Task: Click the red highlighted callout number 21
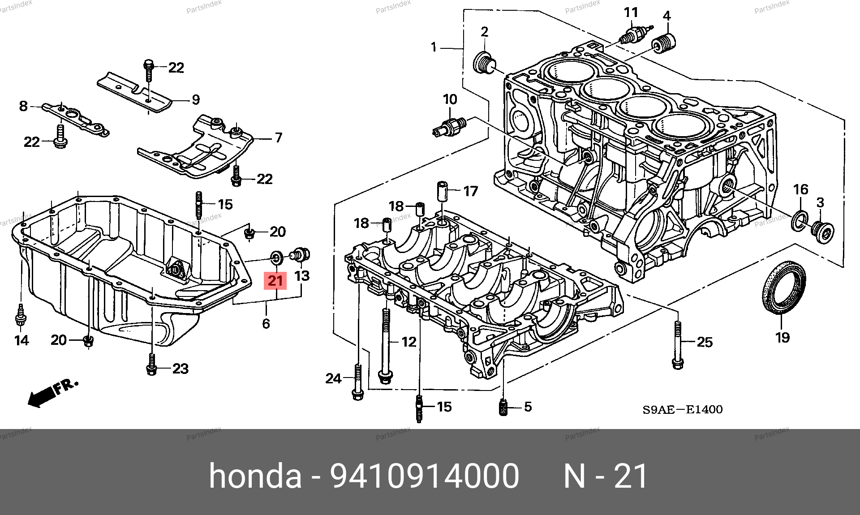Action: (275, 281)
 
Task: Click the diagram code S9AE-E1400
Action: (682, 409)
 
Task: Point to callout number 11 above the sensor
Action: (631, 13)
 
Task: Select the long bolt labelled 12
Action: (384, 345)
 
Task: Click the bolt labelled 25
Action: (678, 345)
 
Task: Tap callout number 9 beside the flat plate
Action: (195, 99)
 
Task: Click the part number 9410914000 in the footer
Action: (424, 476)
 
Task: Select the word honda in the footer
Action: (255, 476)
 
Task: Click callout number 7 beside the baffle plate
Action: (278, 137)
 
